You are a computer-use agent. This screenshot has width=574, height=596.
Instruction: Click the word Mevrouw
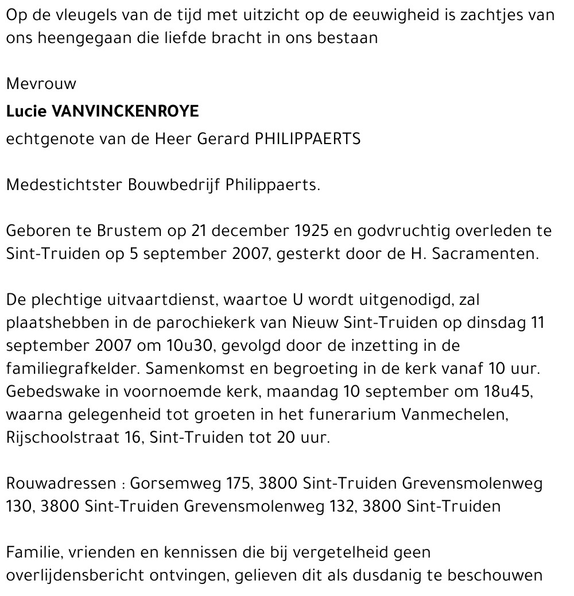[41, 84]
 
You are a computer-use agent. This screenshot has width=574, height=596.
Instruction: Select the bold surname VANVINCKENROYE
[125, 111]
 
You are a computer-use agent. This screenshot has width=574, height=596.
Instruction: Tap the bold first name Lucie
[26, 111]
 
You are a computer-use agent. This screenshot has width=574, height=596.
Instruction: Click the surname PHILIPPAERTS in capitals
[308, 139]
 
